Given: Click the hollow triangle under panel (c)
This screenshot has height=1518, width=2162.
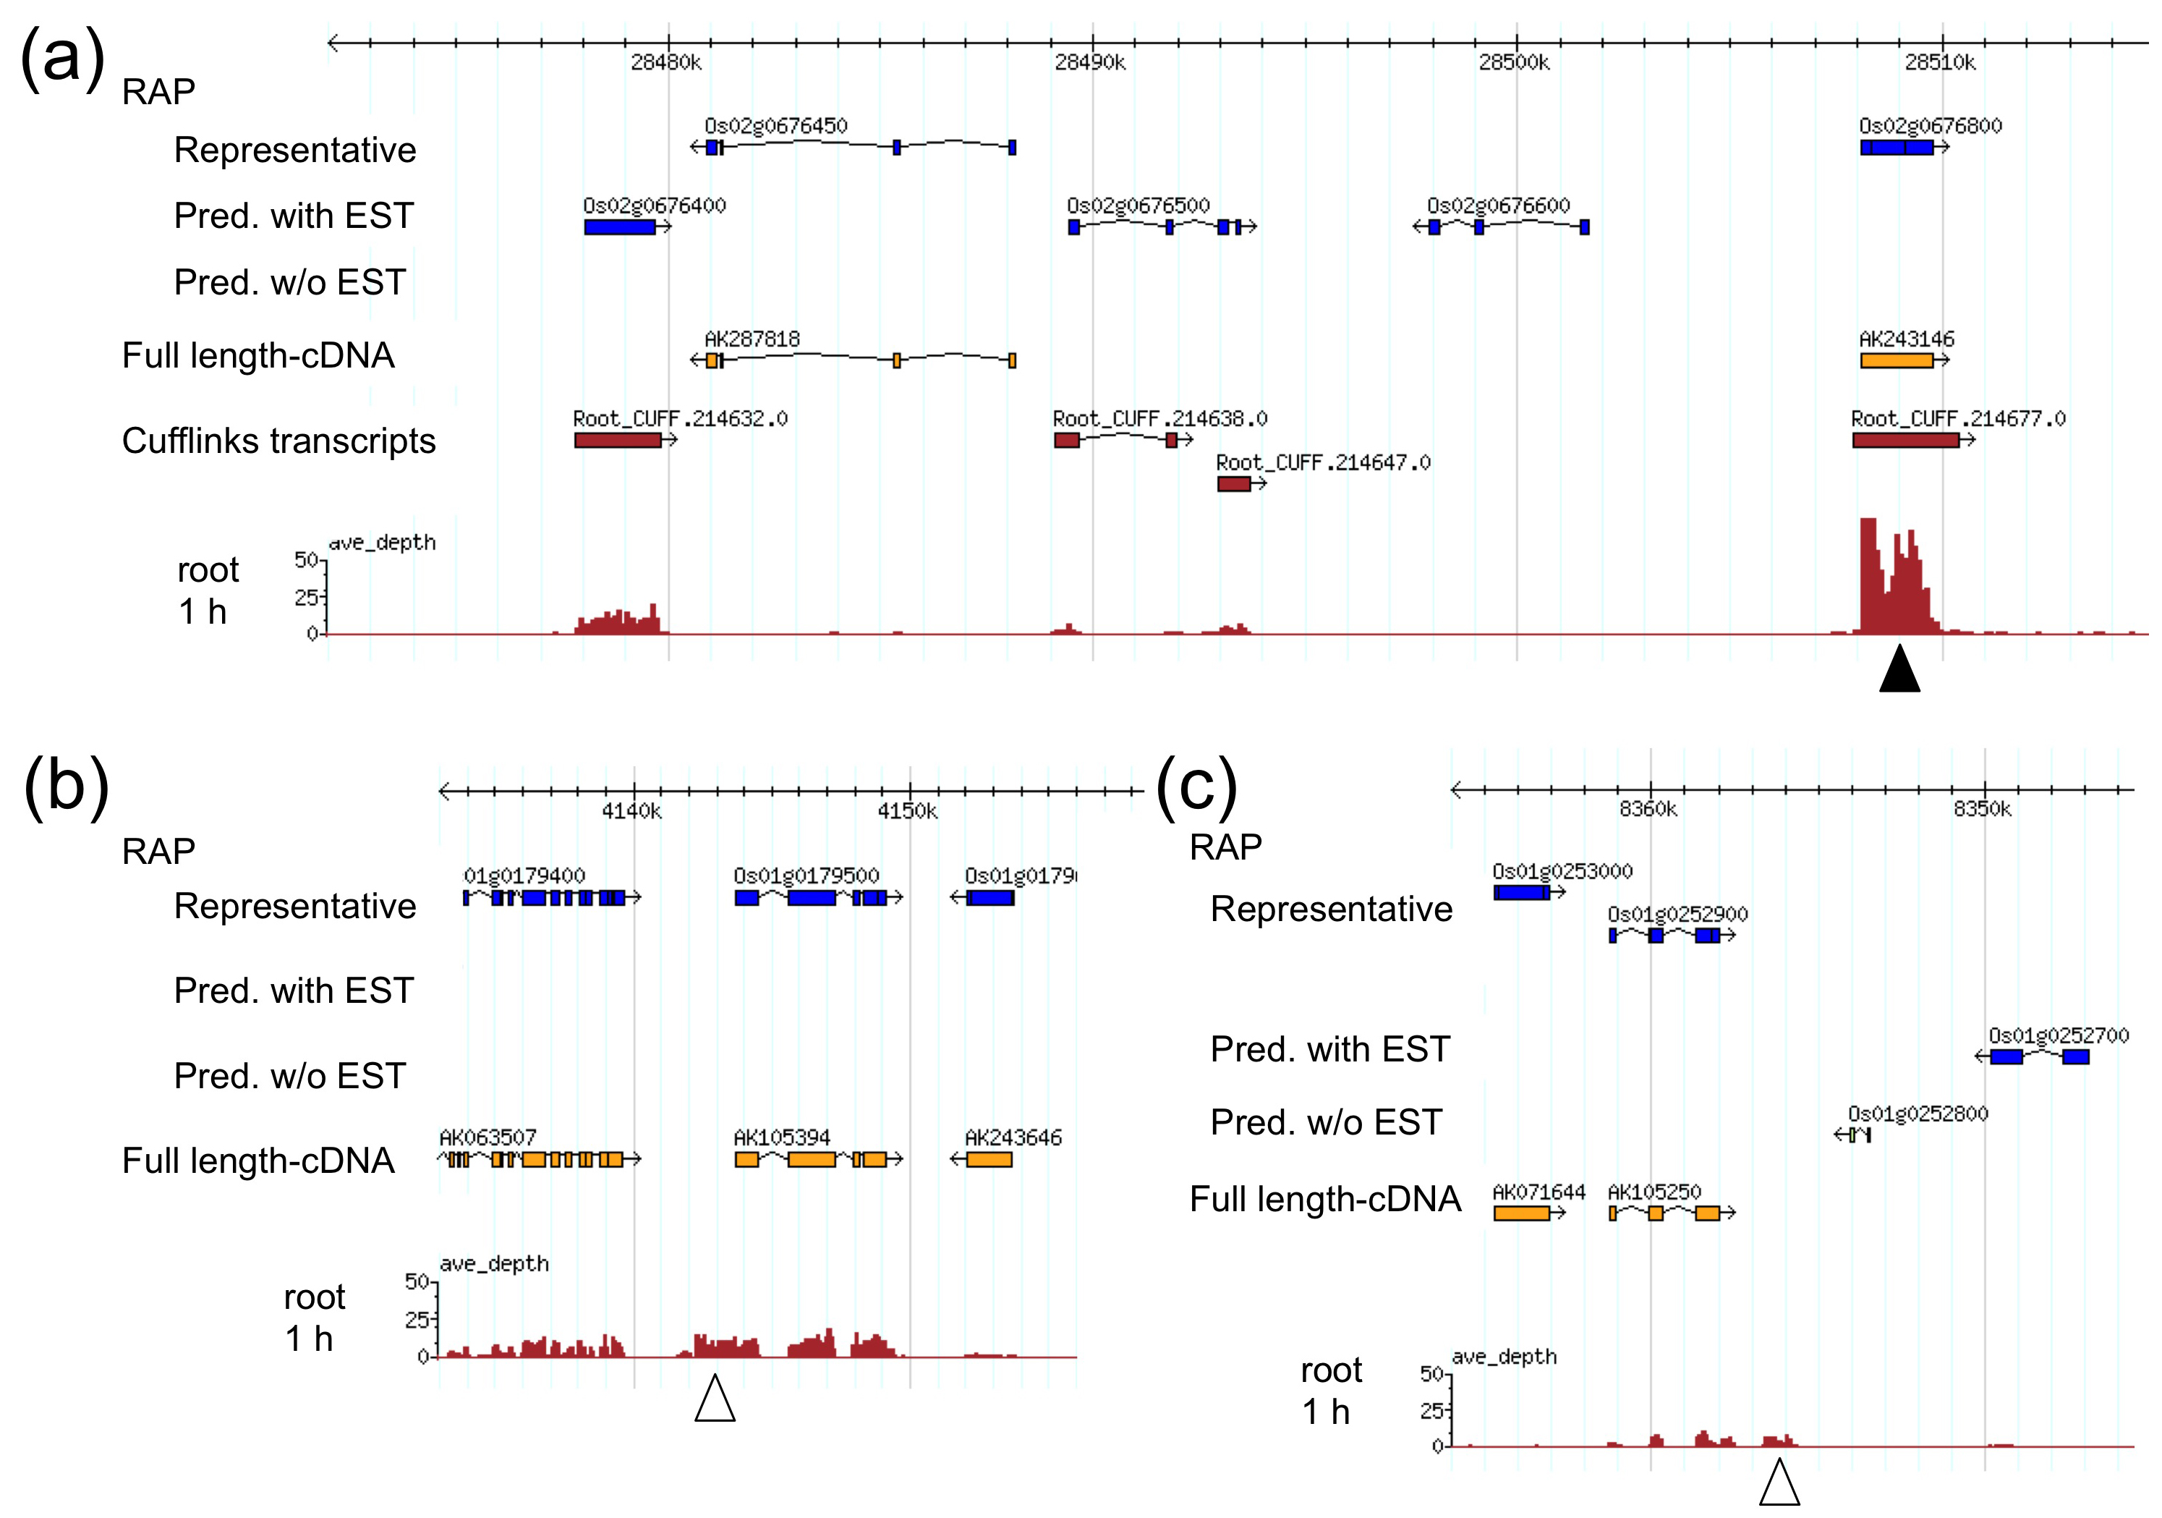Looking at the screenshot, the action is (x=1779, y=1483).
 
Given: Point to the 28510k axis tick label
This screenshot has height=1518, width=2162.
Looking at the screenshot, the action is (x=1941, y=62).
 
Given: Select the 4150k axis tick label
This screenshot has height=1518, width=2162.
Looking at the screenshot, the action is (x=908, y=811).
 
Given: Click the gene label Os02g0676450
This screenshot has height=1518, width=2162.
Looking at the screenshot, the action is (x=776, y=126).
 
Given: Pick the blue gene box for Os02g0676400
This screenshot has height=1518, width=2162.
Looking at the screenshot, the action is (x=620, y=227).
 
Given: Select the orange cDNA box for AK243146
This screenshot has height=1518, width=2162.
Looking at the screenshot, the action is (x=1897, y=360).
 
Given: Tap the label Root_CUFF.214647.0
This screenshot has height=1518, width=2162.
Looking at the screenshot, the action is (x=1323, y=462).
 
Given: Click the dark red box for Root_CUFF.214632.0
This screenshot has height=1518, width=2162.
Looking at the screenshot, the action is (x=618, y=440).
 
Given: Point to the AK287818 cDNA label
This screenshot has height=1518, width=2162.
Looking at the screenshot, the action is (x=752, y=339).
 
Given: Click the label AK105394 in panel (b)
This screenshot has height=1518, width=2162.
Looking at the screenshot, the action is (x=783, y=1137).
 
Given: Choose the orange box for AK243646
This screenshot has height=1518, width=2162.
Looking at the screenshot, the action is (x=989, y=1159).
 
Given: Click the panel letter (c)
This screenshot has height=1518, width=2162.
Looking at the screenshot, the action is (x=1196, y=784).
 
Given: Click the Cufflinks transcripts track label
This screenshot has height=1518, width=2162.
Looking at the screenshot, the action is (x=278, y=441).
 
